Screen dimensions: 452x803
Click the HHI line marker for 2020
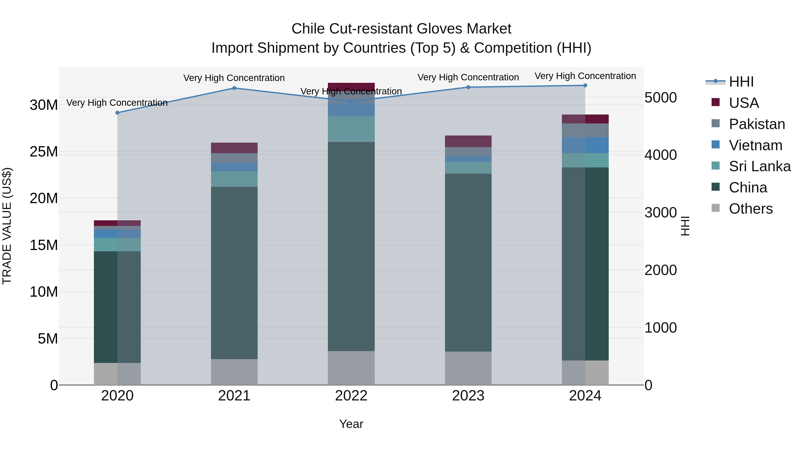pos(118,113)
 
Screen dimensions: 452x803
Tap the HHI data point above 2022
pos(351,101)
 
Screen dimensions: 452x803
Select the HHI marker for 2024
pos(585,85)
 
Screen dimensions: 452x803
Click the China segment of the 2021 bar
pos(234,273)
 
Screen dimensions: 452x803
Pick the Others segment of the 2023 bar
pos(468,368)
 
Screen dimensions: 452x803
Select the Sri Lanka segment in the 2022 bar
pos(351,129)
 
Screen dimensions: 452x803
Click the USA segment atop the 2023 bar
pos(468,141)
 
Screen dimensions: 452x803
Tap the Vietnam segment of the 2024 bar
pos(585,145)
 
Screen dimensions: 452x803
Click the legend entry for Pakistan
pos(757,124)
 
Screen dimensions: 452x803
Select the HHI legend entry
pos(741,82)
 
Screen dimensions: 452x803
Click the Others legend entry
pos(750,209)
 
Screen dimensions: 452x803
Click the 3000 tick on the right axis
pos(660,213)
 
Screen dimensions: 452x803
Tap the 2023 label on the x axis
pos(468,396)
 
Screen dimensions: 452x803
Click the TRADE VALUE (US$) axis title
pos(7,226)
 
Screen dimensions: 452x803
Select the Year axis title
pos(351,424)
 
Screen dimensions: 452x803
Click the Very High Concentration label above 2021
pos(234,78)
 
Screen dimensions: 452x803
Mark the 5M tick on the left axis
pos(48,338)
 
